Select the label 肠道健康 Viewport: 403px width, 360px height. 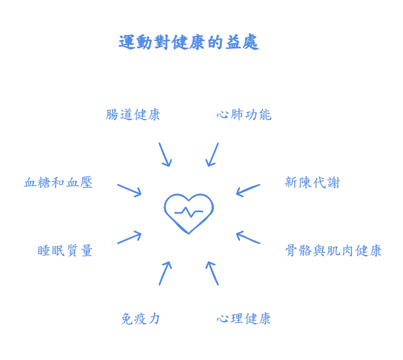coord(135,115)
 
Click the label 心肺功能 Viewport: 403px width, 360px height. coord(244,115)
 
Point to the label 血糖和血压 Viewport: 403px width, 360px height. coord(59,183)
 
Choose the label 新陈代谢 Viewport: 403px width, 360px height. coord(312,183)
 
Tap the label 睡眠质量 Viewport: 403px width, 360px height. coord(66,249)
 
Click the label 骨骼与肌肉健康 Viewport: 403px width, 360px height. coord(335,249)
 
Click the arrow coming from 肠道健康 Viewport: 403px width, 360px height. coord(164,154)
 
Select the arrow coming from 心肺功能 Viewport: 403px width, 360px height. coord(213,154)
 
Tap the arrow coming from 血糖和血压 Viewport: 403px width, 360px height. coord(128,189)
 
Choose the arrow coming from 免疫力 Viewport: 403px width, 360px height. coord(163,272)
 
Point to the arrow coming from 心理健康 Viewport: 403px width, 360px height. coord(212,272)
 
